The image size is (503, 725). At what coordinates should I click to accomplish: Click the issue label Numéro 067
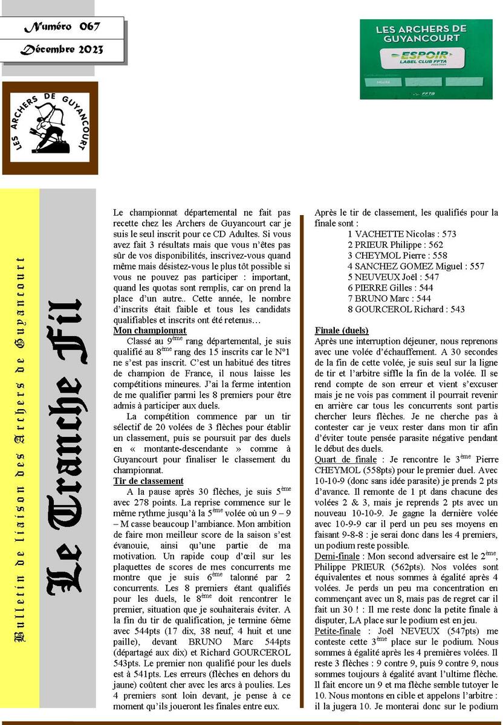(62, 27)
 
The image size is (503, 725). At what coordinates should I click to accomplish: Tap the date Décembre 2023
(62, 50)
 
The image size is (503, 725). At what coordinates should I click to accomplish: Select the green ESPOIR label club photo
(426, 59)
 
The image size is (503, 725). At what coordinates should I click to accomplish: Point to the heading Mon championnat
(150, 331)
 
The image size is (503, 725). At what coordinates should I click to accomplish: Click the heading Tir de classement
(148, 481)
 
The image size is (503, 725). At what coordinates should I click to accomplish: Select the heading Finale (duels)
(342, 331)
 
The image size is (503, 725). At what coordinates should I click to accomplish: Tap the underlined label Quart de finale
(347, 460)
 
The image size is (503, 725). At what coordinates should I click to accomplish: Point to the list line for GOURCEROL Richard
(406, 309)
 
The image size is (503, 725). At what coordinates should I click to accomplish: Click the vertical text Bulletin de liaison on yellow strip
(21, 449)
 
